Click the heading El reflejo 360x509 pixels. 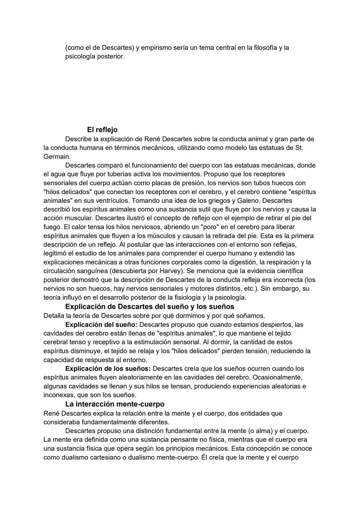click(x=102, y=129)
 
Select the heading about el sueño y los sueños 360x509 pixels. click(x=150, y=307)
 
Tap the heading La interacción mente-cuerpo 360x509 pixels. click(x=115, y=404)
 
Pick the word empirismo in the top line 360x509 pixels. click(x=158, y=48)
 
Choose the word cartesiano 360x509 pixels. click(x=96, y=457)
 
